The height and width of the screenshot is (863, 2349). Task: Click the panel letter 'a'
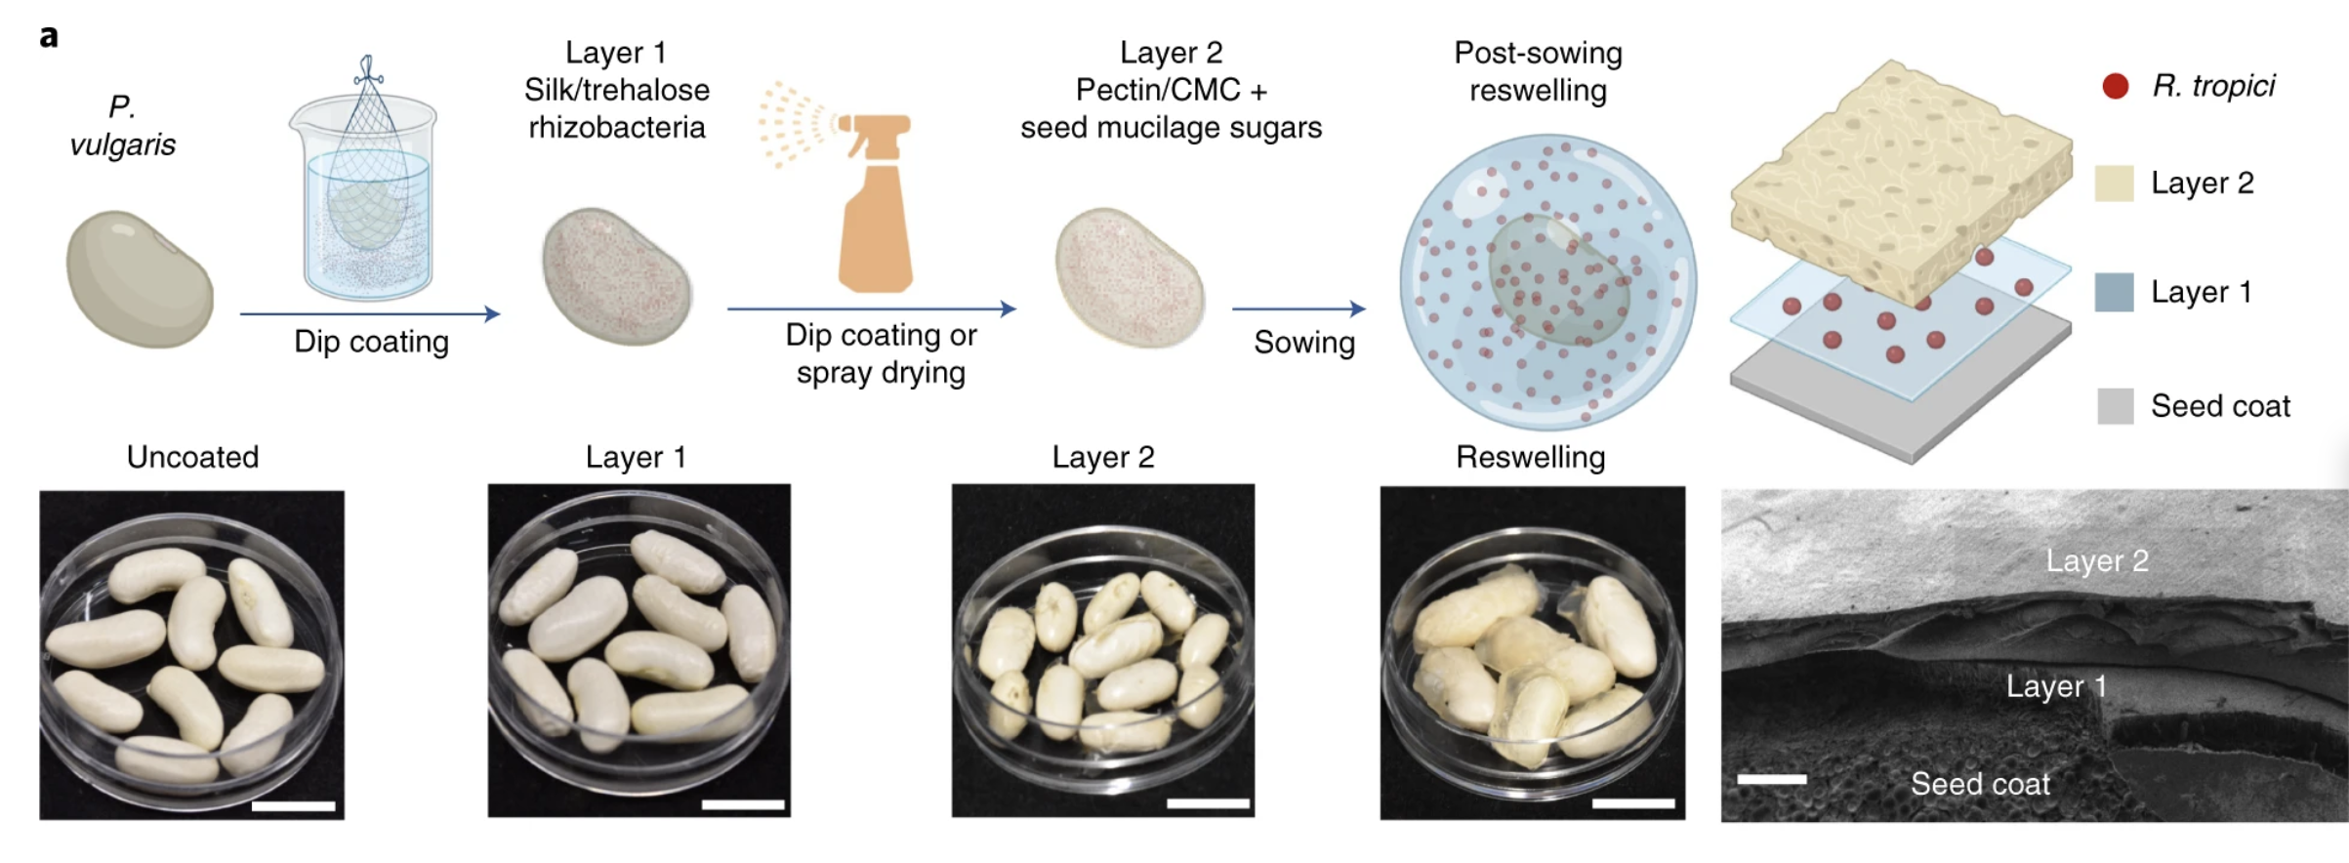tap(49, 37)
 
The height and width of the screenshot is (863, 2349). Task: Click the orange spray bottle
tap(875, 203)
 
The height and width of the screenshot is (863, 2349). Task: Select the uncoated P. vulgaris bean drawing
tap(140, 279)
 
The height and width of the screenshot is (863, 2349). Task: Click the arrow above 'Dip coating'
tap(370, 313)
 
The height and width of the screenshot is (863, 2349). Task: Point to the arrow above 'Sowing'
tap(1298, 308)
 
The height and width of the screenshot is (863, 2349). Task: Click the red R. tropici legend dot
tap(2115, 86)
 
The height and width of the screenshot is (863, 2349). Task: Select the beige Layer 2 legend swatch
tap(2114, 184)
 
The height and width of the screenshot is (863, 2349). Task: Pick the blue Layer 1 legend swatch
tap(2114, 292)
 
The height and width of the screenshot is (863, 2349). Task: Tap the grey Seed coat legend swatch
tap(2115, 405)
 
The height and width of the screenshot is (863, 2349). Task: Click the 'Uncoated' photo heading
tap(193, 457)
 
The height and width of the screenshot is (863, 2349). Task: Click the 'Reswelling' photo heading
tap(1530, 457)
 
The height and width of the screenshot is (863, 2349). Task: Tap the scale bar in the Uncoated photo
tap(293, 805)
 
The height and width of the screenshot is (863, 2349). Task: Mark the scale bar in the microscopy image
tap(1772, 778)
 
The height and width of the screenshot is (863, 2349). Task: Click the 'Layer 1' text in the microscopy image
tap(2056, 686)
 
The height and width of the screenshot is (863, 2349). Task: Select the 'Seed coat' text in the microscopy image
tap(1980, 783)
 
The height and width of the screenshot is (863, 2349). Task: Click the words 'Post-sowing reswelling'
tap(1538, 71)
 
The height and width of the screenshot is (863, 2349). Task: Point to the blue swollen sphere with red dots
tap(1547, 282)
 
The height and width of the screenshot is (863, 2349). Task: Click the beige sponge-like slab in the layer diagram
tap(1901, 182)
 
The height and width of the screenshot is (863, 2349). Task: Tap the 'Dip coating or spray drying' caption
tap(881, 353)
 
